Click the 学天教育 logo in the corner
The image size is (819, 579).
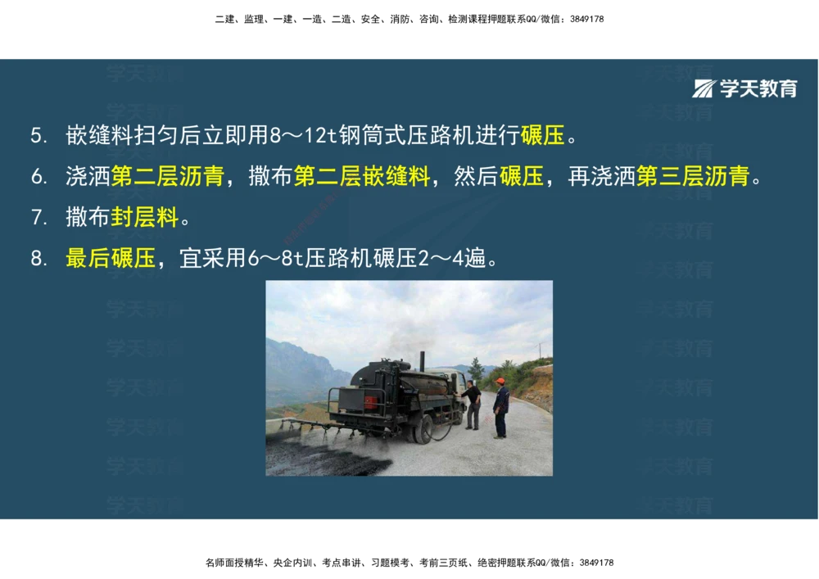click(744, 88)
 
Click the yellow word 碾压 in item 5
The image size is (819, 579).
click(542, 136)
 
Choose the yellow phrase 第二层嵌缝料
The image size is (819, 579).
click(361, 177)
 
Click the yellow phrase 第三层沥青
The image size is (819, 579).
click(692, 177)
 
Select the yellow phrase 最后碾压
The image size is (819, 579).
click(111, 260)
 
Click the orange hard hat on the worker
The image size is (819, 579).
click(500, 382)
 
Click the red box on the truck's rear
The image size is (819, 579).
click(370, 403)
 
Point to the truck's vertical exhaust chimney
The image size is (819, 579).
click(422, 361)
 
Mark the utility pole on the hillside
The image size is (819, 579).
click(541, 351)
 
